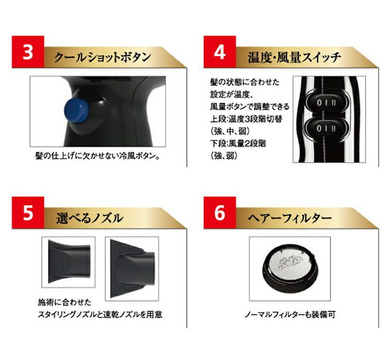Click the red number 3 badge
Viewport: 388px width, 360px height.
pyautogui.click(x=28, y=52)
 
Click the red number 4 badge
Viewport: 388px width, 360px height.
pyautogui.click(x=220, y=52)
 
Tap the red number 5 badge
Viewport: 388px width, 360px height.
pyautogui.click(x=28, y=212)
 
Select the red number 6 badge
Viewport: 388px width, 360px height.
pyautogui.click(x=220, y=212)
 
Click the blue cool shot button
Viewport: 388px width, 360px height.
pyautogui.click(x=76, y=110)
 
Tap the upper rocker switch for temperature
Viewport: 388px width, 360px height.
pyautogui.click(x=326, y=103)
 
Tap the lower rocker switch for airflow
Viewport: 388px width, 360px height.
pyautogui.click(x=326, y=128)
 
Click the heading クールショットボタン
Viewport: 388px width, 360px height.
pyautogui.click(x=102, y=57)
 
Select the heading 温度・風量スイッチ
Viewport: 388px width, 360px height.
pyautogui.click(x=294, y=57)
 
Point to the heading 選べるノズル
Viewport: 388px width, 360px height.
pyautogui.click(x=89, y=218)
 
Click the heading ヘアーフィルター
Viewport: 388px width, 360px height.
pyautogui.click(x=290, y=218)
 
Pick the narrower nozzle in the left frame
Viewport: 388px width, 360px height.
pyautogui.click(x=69, y=262)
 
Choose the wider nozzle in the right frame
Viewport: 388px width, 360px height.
pyautogui.click(x=132, y=268)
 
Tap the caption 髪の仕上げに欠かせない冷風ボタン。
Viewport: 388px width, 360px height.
pyautogui.click(x=98, y=156)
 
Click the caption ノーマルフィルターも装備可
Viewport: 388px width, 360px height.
pyautogui.click(x=290, y=314)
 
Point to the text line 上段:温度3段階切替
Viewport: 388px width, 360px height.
pyautogui.click(x=246, y=119)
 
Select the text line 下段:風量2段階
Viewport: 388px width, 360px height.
pyautogui.click(x=238, y=143)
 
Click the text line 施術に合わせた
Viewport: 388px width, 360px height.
pyautogui.click(x=65, y=303)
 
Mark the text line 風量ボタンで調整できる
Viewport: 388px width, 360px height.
pyautogui.click(x=250, y=107)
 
